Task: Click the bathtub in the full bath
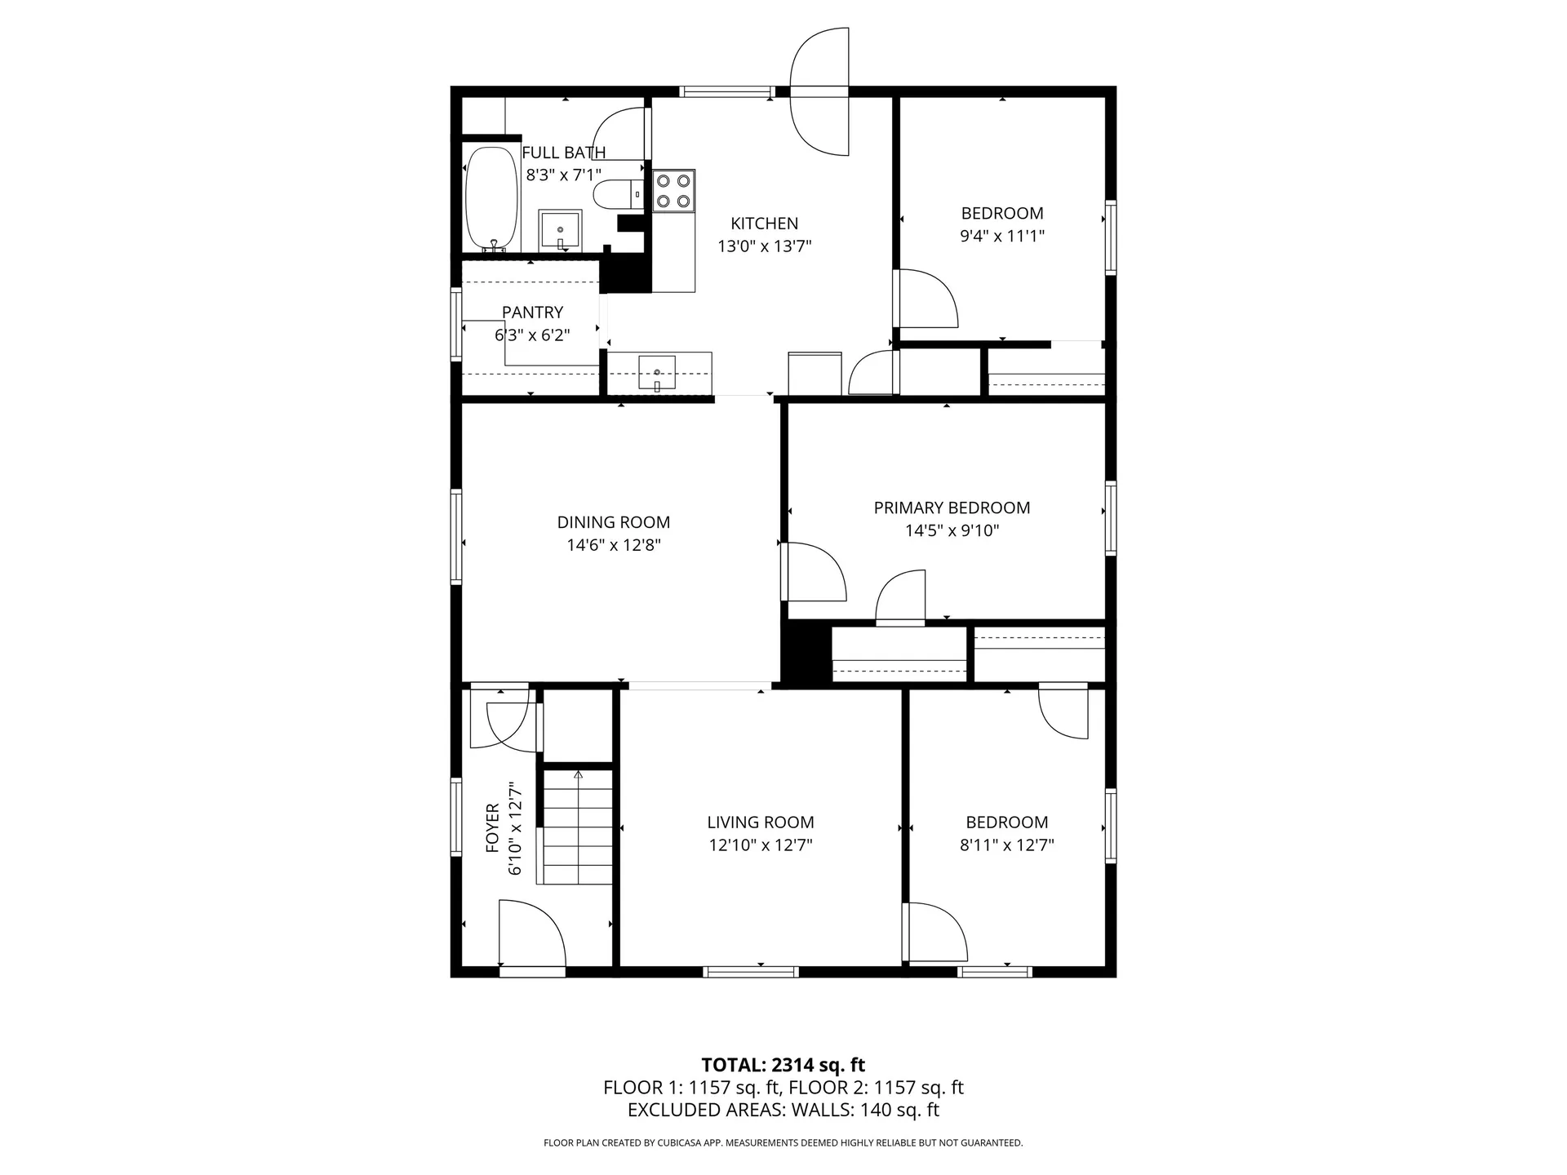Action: pyautogui.click(x=491, y=199)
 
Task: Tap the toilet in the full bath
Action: pyautogui.click(x=617, y=195)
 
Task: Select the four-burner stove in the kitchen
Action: pyautogui.click(x=673, y=191)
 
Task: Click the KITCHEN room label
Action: pyautogui.click(x=764, y=224)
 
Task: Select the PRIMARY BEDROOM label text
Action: pyautogui.click(x=952, y=508)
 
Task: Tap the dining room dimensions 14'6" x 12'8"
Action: pyautogui.click(x=614, y=545)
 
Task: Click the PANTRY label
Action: pyautogui.click(x=532, y=312)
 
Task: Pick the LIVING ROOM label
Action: pyautogui.click(x=761, y=822)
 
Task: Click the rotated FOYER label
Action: pyautogui.click(x=492, y=828)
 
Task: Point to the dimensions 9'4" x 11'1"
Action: pyautogui.click(x=1002, y=236)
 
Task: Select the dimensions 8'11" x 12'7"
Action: pyautogui.click(x=1006, y=845)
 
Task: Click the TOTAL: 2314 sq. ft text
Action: pyautogui.click(x=783, y=1065)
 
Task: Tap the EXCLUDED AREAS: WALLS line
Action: pyautogui.click(x=783, y=1110)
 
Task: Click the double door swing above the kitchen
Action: pyautogui.click(x=820, y=91)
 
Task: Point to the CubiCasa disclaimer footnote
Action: pyautogui.click(x=783, y=1143)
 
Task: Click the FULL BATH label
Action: pyautogui.click(x=563, y=153)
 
